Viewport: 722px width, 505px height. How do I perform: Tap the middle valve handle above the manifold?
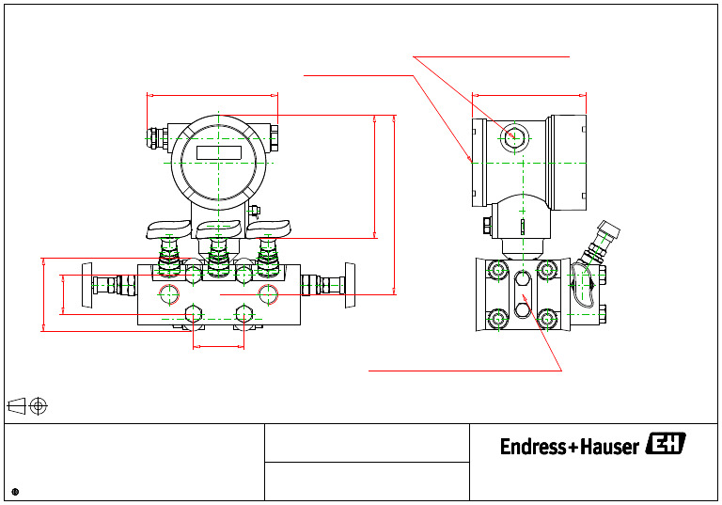click(x=218, y=226)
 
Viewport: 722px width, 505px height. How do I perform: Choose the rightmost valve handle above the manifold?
click(x=269, y=226)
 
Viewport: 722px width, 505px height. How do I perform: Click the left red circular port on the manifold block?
click(x=169, y=294)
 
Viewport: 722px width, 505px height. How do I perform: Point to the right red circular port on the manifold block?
click(x=268, y=294)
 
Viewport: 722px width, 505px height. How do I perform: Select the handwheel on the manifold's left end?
click(x=87, y=285)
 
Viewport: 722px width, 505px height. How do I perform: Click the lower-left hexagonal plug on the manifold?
click(x=194, y=313)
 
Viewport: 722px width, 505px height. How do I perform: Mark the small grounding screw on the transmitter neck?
click(x=254, y=211)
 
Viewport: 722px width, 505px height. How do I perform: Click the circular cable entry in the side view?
click(x=512, y=137)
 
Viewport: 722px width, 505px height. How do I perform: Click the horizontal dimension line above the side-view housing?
click(x=529, y=95)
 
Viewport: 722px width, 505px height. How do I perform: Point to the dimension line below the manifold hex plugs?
click(x=218, y=347)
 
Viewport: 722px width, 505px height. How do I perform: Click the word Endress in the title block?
click(x=533, y=447)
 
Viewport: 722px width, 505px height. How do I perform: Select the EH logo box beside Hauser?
click(x=666, y=445)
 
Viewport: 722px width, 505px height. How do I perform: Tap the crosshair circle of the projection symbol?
click(x=39, y=406)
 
